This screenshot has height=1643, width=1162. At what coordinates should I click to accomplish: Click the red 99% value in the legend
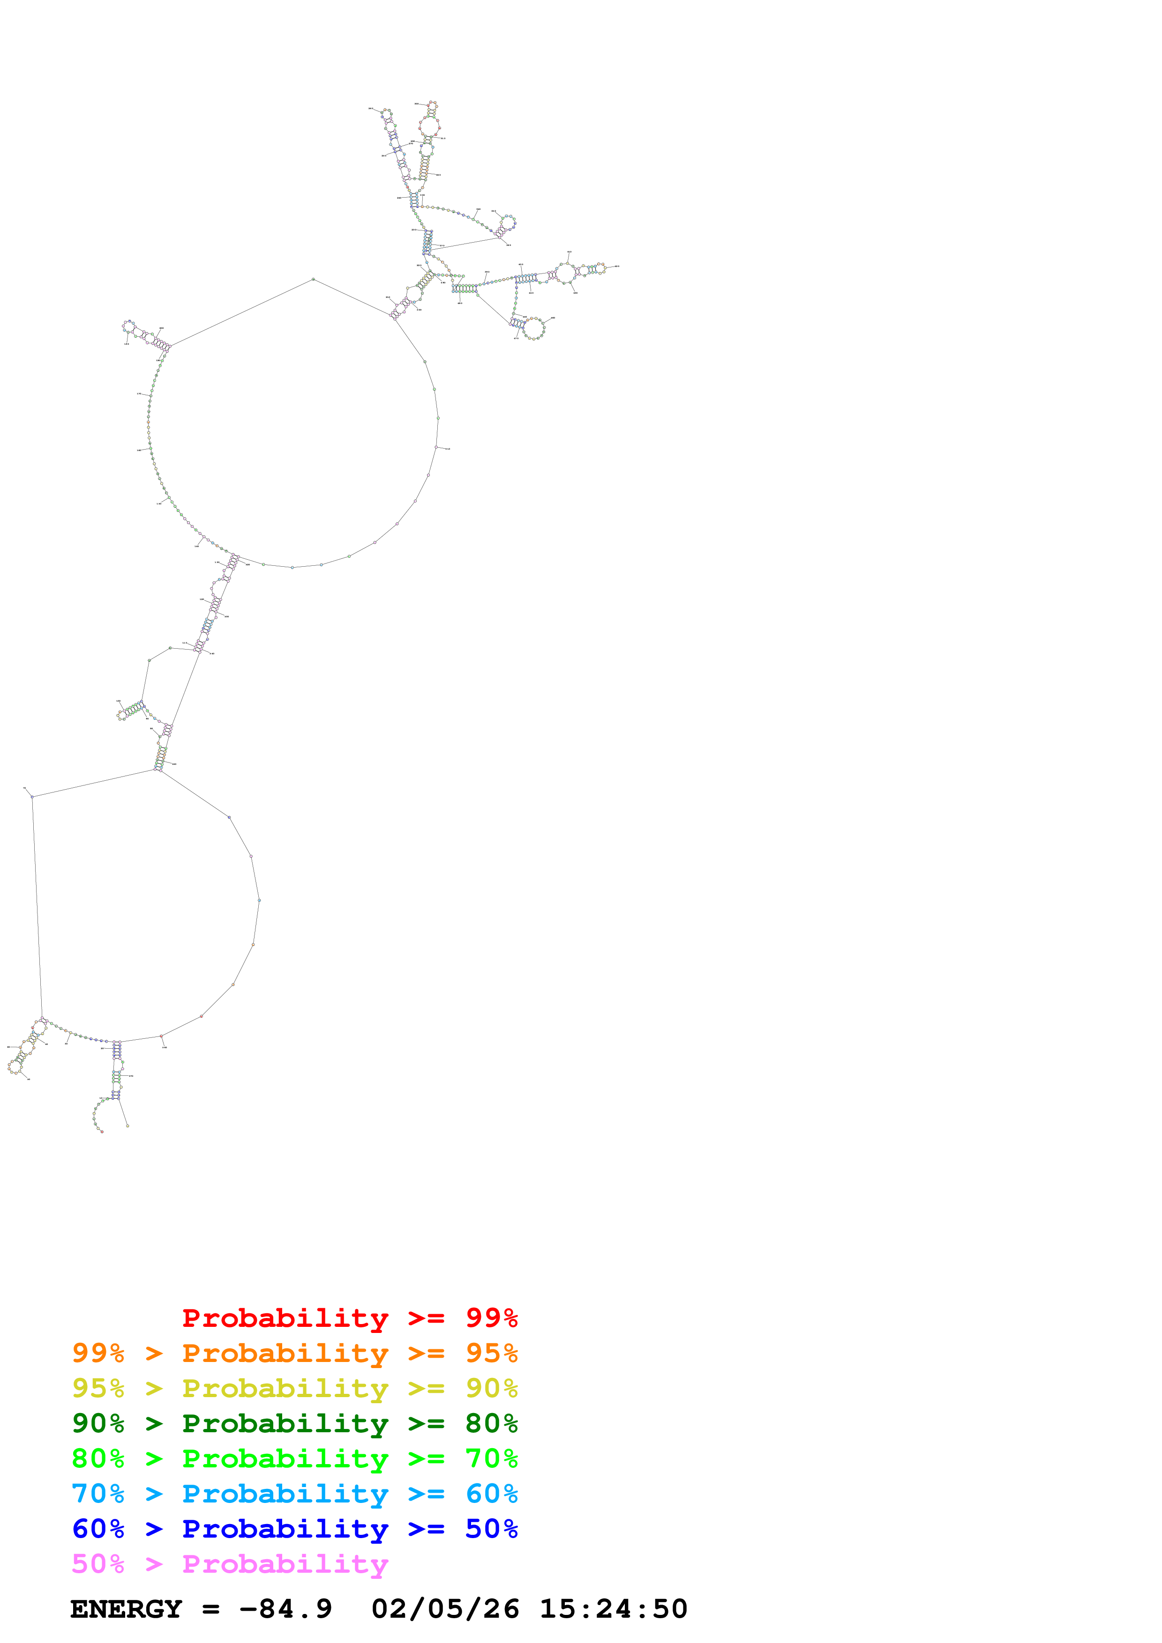[x=491, y=1317]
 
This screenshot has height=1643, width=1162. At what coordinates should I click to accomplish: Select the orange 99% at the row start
[x=98, y=1353]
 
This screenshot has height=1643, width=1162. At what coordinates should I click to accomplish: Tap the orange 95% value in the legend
[x=491, y=1353]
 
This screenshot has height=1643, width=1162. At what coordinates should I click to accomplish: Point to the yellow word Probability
[x=285, y=1388]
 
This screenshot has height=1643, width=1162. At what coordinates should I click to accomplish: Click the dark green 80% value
[x=491, y=1423]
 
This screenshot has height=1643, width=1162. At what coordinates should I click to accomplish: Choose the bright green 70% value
[x=491, y=1458]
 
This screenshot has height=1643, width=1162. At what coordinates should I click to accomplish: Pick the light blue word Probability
[x=285, y=1494]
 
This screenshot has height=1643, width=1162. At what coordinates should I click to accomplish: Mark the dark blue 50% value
[x=491, y=1529]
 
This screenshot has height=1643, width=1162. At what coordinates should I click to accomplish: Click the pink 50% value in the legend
[x=98, y=1563]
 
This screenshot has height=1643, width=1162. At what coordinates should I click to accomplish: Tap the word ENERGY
[x=126, y=1609]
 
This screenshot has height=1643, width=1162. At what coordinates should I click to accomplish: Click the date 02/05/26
[x=445, y=1609]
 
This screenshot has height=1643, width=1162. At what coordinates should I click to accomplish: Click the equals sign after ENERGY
[x=210, y=1609]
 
